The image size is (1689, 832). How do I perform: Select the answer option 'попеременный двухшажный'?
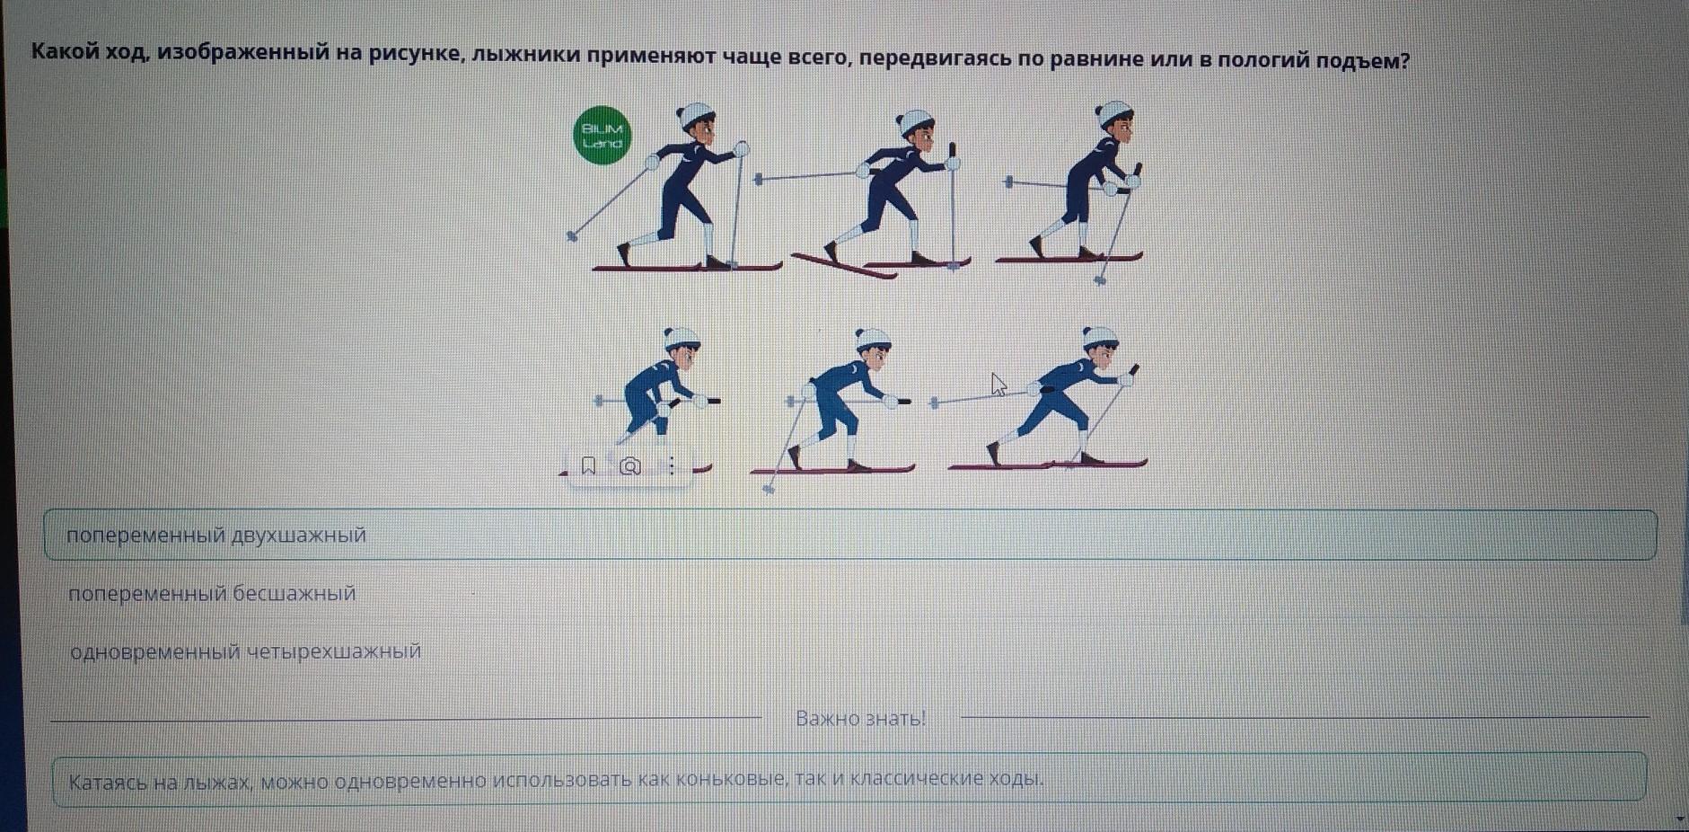216,535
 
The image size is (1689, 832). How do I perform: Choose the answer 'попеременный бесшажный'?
212,594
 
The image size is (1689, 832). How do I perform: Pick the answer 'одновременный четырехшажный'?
245,651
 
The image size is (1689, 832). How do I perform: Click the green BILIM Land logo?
603,137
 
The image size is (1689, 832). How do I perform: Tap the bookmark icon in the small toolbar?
589,465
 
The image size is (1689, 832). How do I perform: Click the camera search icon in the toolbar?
630,465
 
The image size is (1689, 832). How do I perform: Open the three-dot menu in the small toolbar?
671,465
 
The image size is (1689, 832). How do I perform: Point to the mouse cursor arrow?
998,384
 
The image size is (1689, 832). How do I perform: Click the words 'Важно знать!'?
860,719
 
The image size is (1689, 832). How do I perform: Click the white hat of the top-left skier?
693,116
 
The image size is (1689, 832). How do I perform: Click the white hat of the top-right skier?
1113,113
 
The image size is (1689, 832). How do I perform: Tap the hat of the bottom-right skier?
1099,336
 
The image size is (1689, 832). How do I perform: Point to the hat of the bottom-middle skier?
871,338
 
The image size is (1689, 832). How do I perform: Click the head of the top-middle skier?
917,129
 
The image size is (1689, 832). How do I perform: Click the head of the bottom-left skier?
682,347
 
